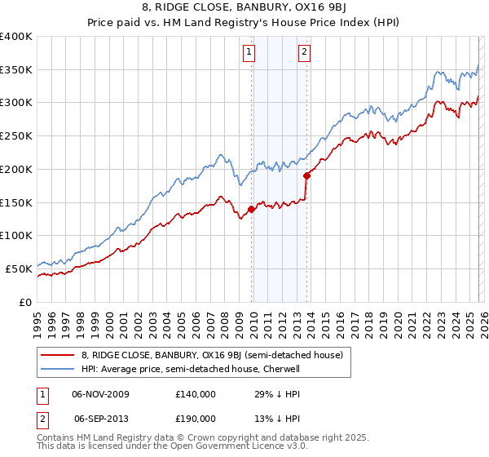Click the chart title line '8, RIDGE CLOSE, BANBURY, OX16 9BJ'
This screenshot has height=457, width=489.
click(x=244, y=9)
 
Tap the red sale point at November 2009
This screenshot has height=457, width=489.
click(x=251, y=209)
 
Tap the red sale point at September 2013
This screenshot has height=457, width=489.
click(x=306, y=175)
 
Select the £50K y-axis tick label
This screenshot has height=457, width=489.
click(x=19, y=268)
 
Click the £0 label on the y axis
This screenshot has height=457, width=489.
click(x=25, y=301)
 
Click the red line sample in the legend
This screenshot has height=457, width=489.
click(x=57, y=356)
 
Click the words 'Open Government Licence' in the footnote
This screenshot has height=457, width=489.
click(x=224, y=448)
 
